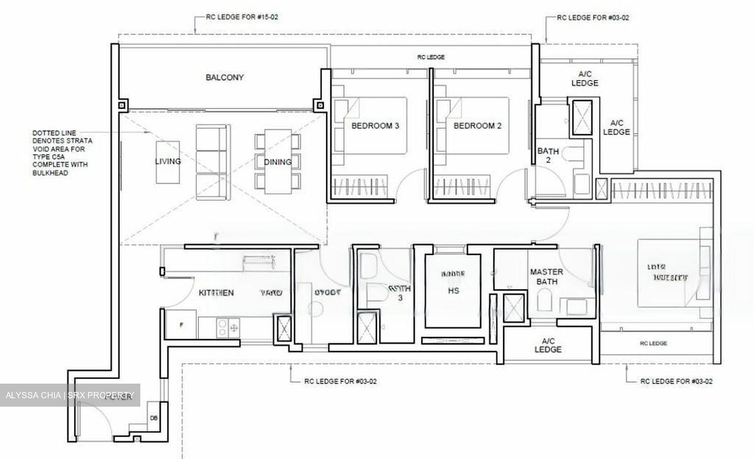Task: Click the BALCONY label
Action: tap(225, 77)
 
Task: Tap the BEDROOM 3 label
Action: tap(375, 126)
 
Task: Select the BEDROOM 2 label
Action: tap(478, 126)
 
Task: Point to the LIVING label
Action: tap(168, 161)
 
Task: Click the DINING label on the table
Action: tap(278, 162)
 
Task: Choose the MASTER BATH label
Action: tap(547, 277)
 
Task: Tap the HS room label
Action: tap(453, 290)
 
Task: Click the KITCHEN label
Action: tap(216, 293)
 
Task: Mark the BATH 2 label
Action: tap(548, 155)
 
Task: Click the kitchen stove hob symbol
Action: tap(228, 328)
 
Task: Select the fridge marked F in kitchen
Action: tap(181, 324)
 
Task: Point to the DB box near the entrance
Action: tap(154, 418)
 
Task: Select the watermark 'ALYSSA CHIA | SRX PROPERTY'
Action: tap(71, 395)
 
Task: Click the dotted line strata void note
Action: tap(62, 153)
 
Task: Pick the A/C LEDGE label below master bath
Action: tap(548, 345)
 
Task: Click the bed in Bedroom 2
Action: tap(474, 126)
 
